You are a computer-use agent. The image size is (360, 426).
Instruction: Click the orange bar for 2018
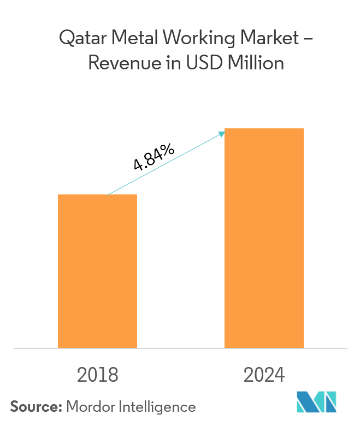click(97, 271)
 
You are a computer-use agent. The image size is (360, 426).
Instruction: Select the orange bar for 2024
click(264, 238)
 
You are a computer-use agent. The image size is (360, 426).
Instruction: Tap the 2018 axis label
click(98, 375)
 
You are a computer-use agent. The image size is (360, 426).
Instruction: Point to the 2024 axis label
click(264, 375)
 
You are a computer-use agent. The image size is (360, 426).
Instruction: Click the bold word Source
click(36, 407)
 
